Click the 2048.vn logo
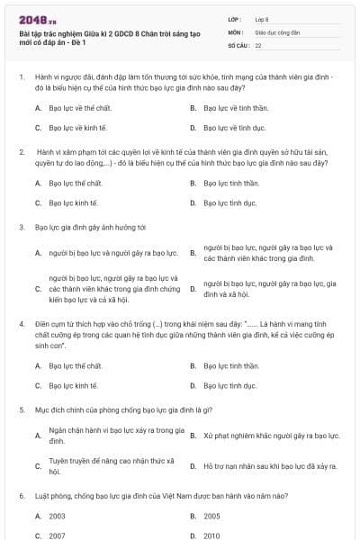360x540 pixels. [39, 19]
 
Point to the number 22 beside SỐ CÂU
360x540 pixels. [258, 44]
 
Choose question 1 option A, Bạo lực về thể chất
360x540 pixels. [75, 107]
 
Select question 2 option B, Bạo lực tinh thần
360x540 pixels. [231, 183]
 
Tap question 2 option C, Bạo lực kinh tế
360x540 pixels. [73, 202]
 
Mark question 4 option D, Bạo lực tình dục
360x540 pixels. [229, 385]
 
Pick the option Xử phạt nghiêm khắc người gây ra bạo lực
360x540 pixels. [271, 436]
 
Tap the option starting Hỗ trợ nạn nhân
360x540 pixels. [270, 466]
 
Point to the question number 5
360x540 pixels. [21, 409]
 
